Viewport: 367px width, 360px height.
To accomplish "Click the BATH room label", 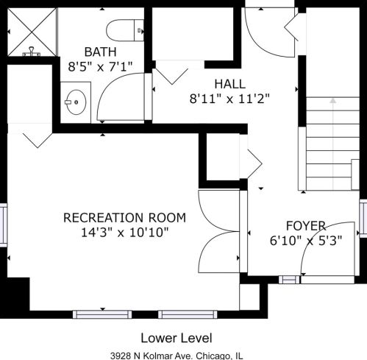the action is click(x=100, y=52).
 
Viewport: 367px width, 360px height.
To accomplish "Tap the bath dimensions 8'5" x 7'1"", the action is click(x=100, y=66).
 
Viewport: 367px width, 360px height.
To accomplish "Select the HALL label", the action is click(x=229, y=84).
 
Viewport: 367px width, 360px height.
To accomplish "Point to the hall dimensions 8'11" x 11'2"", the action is click(x=229, y=99).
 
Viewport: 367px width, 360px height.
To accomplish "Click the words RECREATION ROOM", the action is click(x=124, y=218).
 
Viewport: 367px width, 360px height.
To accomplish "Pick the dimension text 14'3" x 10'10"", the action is click(x=125, y=232).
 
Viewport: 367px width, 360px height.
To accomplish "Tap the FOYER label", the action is click(x=306, y=226).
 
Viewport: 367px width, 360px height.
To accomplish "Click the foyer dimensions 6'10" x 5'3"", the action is click(x=306, y=241).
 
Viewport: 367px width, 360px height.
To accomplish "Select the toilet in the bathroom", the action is click(x=125, y=30).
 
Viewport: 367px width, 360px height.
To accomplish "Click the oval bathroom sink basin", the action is click(x=76, y=102).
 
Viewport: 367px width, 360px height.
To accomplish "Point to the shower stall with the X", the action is click(x=32, y=32).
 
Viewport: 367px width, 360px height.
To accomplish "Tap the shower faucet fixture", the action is click(x=32, y=52).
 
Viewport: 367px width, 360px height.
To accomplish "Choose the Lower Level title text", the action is click(x=177, y=338).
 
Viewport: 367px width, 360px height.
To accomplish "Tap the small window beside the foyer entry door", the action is click(x=290, y=280).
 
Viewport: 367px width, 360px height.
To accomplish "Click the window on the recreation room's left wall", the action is click(x=4, y=225).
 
